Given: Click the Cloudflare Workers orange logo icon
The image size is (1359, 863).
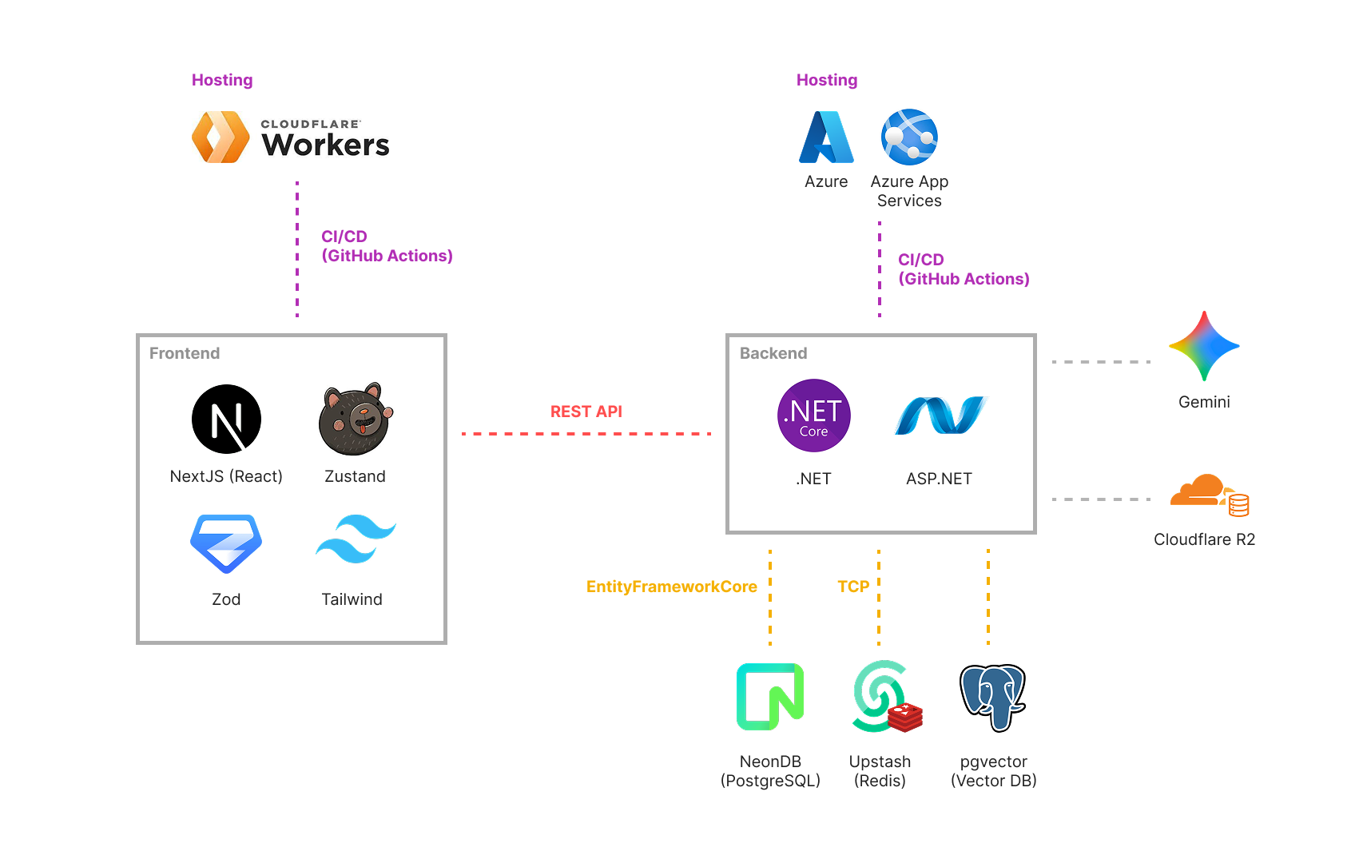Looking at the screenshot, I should tap(221, 137).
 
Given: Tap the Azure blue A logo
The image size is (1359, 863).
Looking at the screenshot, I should tap(826, 137).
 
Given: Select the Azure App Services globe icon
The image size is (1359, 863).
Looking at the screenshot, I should tap(909, 137).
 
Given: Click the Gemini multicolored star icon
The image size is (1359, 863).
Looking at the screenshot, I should tap(1204, 346).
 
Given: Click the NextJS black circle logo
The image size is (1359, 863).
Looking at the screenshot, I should tap(226, 420).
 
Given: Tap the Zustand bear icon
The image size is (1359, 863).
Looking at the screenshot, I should tap(356, 420).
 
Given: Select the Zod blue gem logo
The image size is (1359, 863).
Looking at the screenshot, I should tap(226, 543).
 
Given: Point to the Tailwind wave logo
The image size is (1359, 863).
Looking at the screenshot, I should tap(356, 539).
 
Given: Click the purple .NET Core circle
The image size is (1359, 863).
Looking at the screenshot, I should tap(813, 416).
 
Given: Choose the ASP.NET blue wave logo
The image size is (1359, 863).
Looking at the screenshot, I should tap(940, 416).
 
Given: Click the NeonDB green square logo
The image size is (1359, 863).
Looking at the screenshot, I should tap(770, 697).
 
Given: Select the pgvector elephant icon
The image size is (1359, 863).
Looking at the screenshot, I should tap(992, 697).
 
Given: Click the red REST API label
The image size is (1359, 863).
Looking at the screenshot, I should tap(586, 412).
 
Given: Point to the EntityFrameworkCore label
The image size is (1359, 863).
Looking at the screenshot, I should tap(671, 587).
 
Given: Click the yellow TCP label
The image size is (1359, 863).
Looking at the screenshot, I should tap(852, 587).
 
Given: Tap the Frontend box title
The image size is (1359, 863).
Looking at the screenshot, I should tap(185, 353).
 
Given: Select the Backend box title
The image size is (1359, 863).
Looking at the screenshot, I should tap(773, 353).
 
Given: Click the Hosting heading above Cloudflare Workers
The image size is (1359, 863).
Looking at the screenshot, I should tap(222, 80).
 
